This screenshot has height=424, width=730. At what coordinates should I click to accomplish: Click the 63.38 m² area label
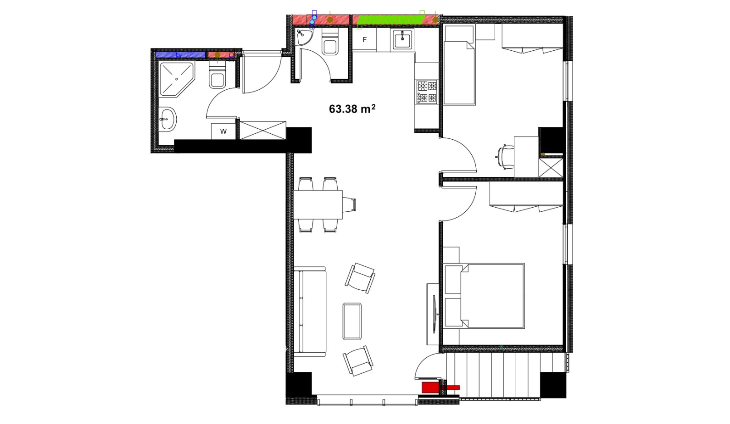pos(352,109)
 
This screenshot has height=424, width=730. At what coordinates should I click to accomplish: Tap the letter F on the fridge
pos(365,40)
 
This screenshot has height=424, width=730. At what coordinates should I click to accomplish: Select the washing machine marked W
pos(223,132)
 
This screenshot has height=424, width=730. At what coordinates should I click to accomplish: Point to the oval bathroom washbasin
pos(168,119)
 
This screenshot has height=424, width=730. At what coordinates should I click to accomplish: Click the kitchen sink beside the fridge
pos(402,39)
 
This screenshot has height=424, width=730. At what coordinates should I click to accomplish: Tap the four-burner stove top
pos(427,92)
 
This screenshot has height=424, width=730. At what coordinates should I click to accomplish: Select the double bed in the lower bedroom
pos(484,296)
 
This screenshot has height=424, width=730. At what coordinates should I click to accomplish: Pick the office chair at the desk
pos(505,157)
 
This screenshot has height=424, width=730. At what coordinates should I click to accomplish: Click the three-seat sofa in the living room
pos(310,312)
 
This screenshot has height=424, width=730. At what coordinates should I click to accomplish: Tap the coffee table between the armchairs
pos(352,322)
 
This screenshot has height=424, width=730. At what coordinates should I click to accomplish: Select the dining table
pos(318,205)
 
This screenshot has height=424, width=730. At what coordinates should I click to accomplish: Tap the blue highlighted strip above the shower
pos(180,55)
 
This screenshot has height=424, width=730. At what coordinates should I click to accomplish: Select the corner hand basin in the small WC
pos(304,37)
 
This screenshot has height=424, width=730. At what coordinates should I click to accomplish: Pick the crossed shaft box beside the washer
pos(263,131)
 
